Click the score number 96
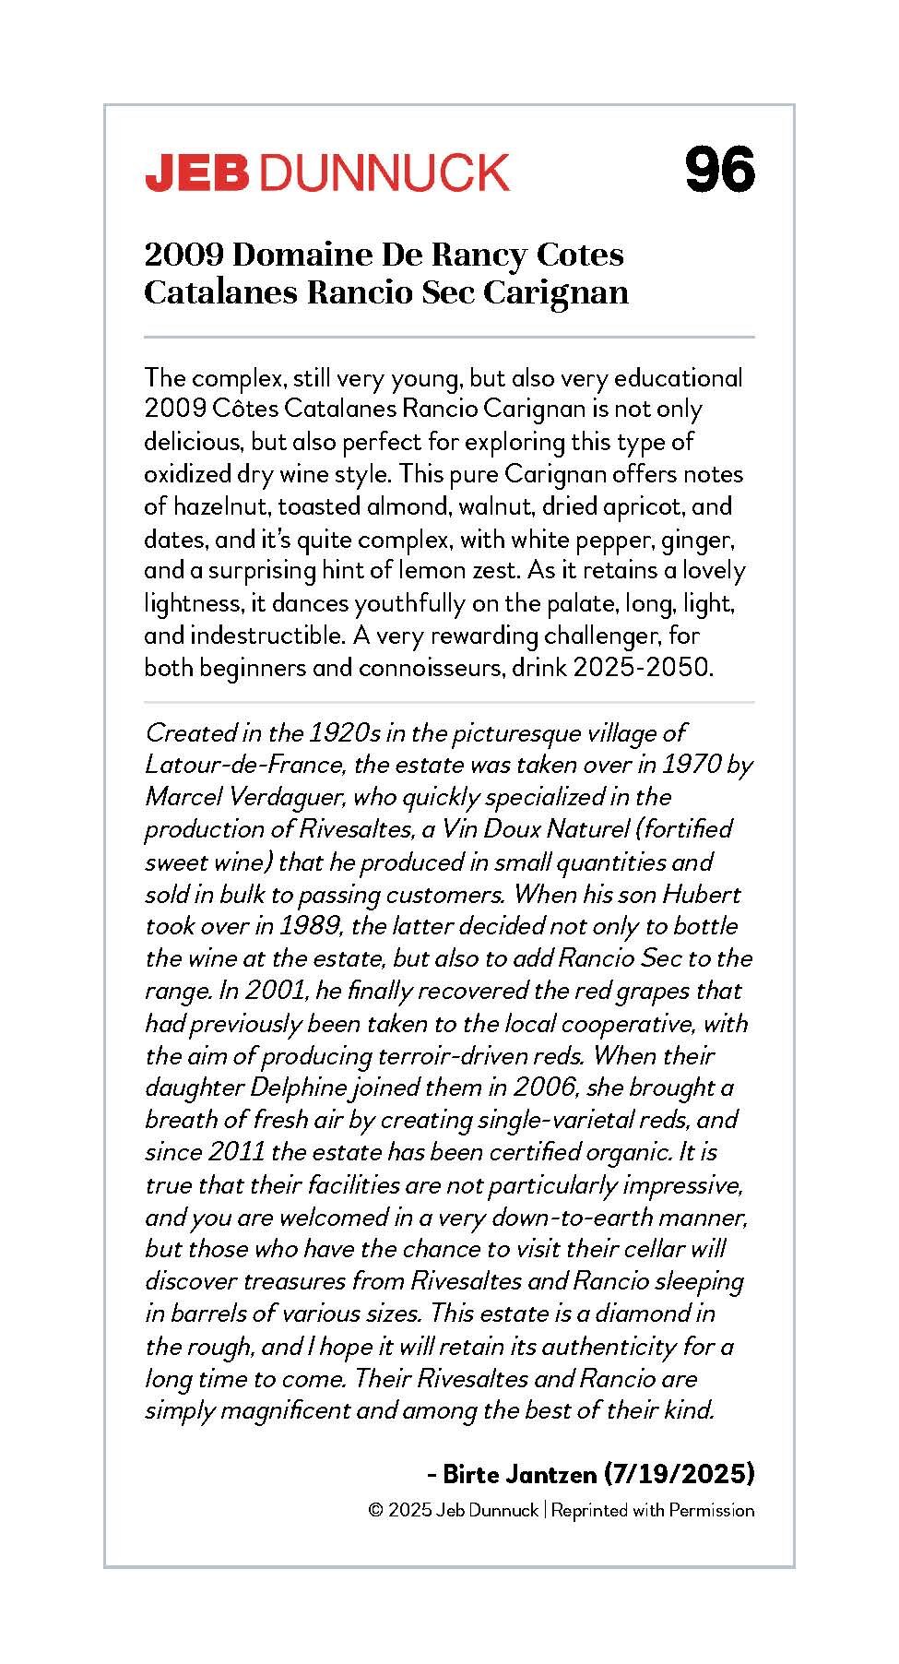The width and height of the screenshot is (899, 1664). tap(719, 170)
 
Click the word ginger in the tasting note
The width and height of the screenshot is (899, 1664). tap(699, 539)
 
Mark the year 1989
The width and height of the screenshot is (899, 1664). tap(312, 927)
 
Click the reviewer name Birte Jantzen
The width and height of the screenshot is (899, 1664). tap(520, 1474)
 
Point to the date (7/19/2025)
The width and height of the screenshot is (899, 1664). tap(679, 1474)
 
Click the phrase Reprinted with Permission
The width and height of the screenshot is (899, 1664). tap(653, 1511)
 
